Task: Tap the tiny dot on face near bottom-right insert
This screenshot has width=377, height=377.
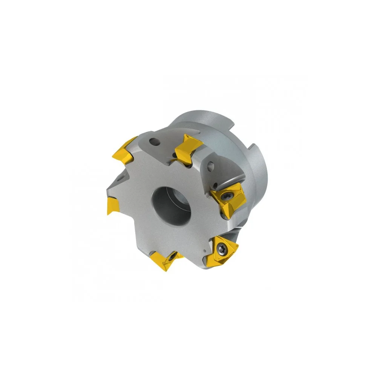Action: coord(204,250)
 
